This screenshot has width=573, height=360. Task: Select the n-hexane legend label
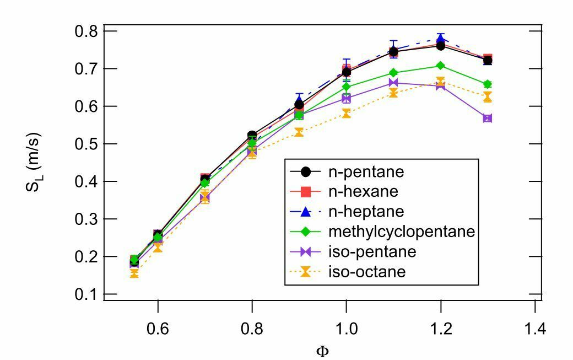tap(363, 191)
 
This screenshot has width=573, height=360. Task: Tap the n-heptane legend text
tap(366, 212)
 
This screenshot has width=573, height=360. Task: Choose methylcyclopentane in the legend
tap(402, 232)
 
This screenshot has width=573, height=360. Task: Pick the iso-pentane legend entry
tap(372, 251)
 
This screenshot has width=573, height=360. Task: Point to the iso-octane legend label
tap(367, 272)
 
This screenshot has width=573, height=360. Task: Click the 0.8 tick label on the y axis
tap(87, 31)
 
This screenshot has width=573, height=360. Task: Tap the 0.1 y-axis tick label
tap(87, 294)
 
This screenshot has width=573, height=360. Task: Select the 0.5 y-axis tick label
tap(87, 144)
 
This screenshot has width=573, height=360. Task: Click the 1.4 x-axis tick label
tap(535, 329)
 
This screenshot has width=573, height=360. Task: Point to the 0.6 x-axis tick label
tap(158, 329)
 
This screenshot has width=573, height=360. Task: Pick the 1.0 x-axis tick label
tap(346, 329)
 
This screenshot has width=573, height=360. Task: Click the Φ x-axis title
tap(322, 352)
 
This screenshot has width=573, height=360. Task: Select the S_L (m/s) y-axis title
tap(33, 162)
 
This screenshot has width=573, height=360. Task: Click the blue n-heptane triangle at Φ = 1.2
tap(441, 39)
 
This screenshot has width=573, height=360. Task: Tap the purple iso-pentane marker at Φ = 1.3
tap(488, 118)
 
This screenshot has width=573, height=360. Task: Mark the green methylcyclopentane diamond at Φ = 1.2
tap(441, 66)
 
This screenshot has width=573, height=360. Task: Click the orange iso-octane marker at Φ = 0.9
tap(299, 132)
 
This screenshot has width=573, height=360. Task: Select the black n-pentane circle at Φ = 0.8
tap(252, 135)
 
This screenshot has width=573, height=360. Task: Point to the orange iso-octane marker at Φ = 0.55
tap(134, 273)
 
